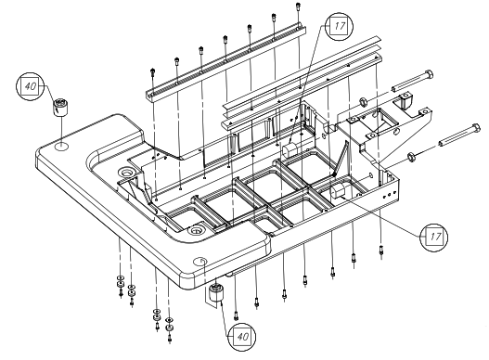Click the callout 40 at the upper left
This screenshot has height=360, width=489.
pyautogui.click(x=30, y=86)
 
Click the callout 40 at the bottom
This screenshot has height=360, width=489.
pyautogui.click(x=241, y=337)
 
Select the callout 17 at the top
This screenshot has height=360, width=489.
pyautogui.click(x=339, y=26)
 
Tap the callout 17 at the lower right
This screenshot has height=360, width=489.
pyautogui.click(x=434, y=238)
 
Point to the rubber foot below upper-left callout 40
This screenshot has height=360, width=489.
pyautogui.click(x=60, y=108)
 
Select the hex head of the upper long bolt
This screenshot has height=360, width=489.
pyautogui.click(x=429, y=75)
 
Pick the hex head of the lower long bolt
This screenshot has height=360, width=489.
pyautogui.click(x=476, y=128)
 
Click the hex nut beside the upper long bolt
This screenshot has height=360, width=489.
pyautogui.click(x=363, y=101)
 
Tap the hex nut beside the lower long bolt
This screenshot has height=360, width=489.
pyautogui.click(x=411, y=156)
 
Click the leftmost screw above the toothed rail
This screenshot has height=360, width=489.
pyautogui.click(x=152, y=72)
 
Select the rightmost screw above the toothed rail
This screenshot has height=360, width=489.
pyautogui.click(x=299, y=6)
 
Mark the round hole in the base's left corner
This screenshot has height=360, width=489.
pyautogui.click(x=62, y=146)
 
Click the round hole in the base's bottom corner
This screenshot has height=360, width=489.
pyautogui.click(x=200, y=261)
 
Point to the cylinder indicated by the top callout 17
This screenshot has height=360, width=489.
pyautogui.click(x=290, y=150)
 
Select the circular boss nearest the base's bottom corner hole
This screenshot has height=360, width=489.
pyautogui.click(x=196, y=230)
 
